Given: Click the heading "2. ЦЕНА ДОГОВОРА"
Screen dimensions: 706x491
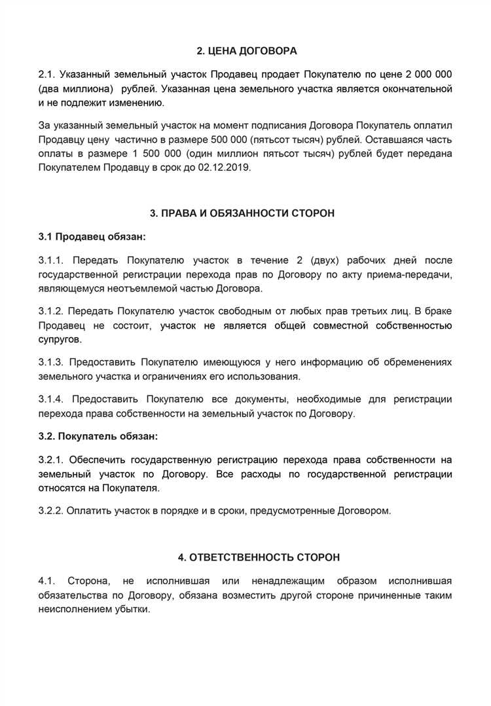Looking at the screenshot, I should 247,50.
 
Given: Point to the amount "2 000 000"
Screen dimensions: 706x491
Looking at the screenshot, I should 427,75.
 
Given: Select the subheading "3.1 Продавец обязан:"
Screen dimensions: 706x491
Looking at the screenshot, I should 92,235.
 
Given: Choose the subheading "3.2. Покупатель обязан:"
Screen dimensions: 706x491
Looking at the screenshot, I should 98,435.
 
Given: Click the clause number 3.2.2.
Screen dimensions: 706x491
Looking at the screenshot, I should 52,511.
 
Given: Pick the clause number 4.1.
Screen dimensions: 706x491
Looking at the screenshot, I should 48,581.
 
